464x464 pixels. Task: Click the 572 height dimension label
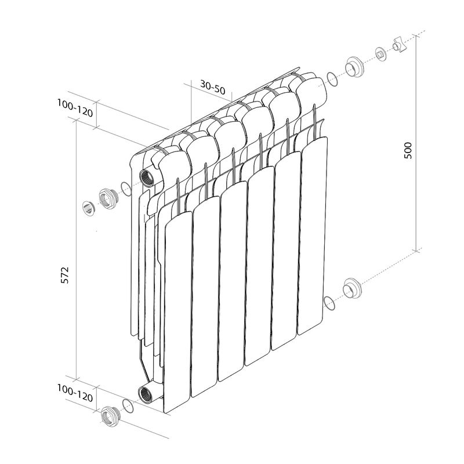pos(64,275)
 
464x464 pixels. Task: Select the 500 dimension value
pos(408,151)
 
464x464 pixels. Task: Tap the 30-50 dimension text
pos(213,86)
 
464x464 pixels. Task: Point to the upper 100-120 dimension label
pos(75,108)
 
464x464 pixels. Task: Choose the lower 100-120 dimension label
pos(75,393)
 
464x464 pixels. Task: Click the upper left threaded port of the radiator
pos(147,178)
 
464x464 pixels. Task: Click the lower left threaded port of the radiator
pos(146,394)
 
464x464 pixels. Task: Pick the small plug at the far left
pos(88,208)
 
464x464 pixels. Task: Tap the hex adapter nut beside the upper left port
pos(108,198)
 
